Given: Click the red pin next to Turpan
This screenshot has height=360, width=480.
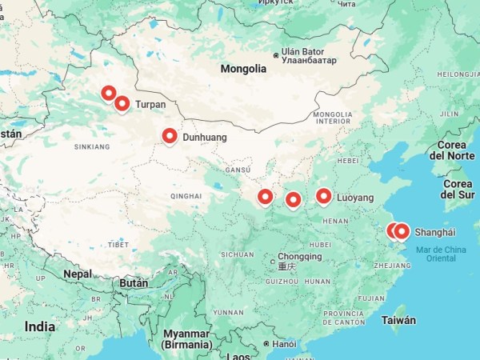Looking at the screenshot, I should [x=122, y=103].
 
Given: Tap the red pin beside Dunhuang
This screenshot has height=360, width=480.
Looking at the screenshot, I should [x=170, y=137].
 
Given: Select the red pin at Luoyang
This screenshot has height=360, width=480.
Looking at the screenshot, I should [x=324, y=196].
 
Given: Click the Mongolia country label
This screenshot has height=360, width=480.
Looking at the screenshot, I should [x=243, y=69].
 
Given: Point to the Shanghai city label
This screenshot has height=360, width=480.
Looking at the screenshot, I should [x=434, y=232].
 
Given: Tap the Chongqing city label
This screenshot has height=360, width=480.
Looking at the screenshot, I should [x=300, y=257].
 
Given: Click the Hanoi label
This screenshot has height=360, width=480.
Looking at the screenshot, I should [x=284, y=344].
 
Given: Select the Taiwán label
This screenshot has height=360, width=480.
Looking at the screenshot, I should [x=399, y=320].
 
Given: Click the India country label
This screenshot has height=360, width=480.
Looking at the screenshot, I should [x=40, y=326].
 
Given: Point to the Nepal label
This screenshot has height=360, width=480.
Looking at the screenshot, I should [x=78, y=274].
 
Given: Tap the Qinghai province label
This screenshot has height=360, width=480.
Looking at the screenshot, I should [x=186, y=195].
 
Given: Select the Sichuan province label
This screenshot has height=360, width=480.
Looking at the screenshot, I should [x=237, y=254].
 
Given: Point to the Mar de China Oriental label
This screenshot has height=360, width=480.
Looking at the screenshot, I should [x=441, y=254].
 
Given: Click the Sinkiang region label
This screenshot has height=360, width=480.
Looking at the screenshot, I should [x=92, y=147].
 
